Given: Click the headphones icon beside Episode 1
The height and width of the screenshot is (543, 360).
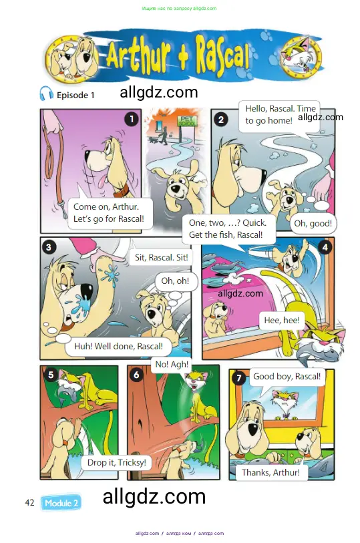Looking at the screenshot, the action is point(46,94).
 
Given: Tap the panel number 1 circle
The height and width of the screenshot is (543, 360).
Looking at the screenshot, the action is point(131,119).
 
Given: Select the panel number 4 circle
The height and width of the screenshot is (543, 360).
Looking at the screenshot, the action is point(325,247).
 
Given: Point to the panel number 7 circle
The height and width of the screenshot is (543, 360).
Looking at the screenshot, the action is point(239,378).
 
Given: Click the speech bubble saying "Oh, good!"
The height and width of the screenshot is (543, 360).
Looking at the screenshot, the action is point(313,223).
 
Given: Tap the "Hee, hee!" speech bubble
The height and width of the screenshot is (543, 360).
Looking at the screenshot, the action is point(282,321).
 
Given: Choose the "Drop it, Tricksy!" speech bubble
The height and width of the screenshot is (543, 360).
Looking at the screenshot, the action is point(117,463).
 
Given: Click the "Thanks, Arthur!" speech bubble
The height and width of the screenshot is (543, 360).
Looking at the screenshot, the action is point(271,472).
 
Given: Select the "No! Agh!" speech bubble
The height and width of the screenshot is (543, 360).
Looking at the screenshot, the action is point(172,364).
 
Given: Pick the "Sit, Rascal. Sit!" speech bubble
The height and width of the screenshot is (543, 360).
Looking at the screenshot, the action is point(162,257).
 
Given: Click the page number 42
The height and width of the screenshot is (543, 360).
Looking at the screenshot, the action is point(30,502).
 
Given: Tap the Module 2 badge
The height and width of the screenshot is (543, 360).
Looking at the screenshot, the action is point(61,503).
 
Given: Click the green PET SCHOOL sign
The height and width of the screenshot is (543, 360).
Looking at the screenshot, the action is point(187,121).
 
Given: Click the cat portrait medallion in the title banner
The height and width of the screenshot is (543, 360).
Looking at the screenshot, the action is point(301,55).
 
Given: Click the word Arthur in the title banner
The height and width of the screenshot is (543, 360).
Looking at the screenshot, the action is point(138,55).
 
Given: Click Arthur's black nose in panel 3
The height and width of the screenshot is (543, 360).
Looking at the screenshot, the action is point(83,292).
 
